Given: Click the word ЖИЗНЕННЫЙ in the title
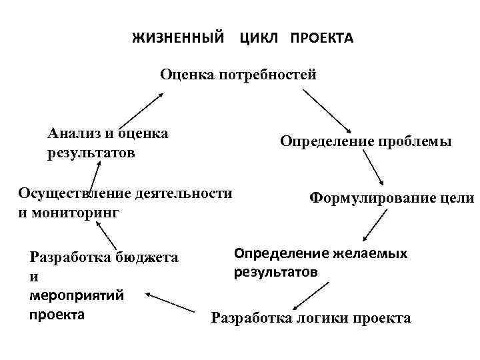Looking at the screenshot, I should (178, 38).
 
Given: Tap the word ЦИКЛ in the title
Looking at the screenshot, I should (257, 38).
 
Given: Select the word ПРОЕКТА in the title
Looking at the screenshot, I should (321, 38).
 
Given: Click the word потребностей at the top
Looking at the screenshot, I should (267, 75).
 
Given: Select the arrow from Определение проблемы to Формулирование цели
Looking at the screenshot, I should (374, 167).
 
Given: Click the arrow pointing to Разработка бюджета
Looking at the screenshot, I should (171, 301).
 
